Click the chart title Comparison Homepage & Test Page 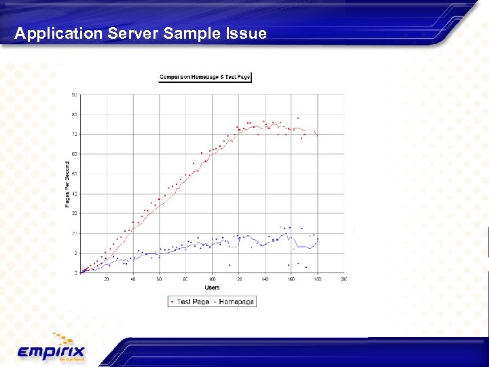point(205,77)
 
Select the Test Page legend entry point(189,301)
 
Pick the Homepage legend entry point(234,301)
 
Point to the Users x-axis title point(212,287)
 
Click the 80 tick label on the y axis point(74,114)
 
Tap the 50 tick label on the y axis point(74,174)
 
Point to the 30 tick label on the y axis point(74,213)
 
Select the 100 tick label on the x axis point(212,279)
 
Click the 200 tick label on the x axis point(344,279)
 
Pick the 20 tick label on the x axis point(107,279)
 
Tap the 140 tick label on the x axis point(265,279)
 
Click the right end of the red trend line point(317,137)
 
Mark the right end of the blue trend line point(317,239)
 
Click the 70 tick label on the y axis point(74,134)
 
